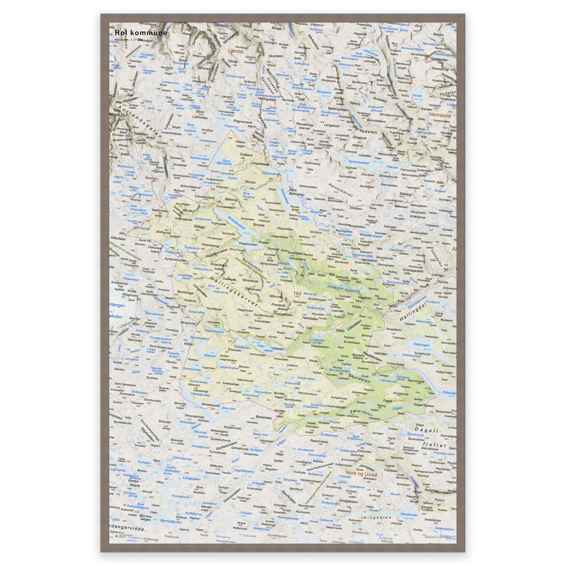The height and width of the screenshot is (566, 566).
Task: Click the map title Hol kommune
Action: click(141, 33)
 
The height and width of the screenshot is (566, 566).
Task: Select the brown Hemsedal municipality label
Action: click(440, 116)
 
